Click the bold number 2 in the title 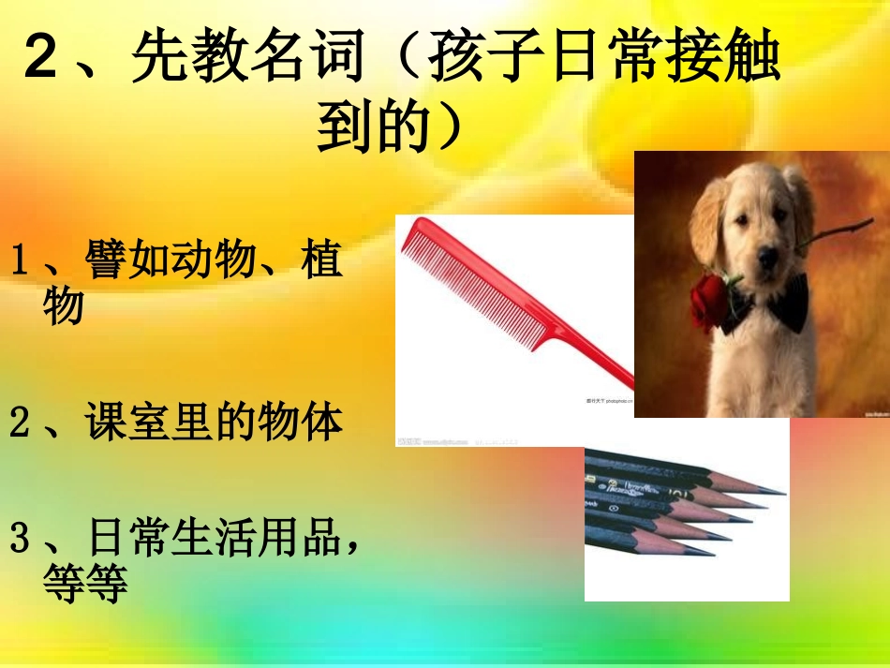(43, 59)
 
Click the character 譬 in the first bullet (105, 260)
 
